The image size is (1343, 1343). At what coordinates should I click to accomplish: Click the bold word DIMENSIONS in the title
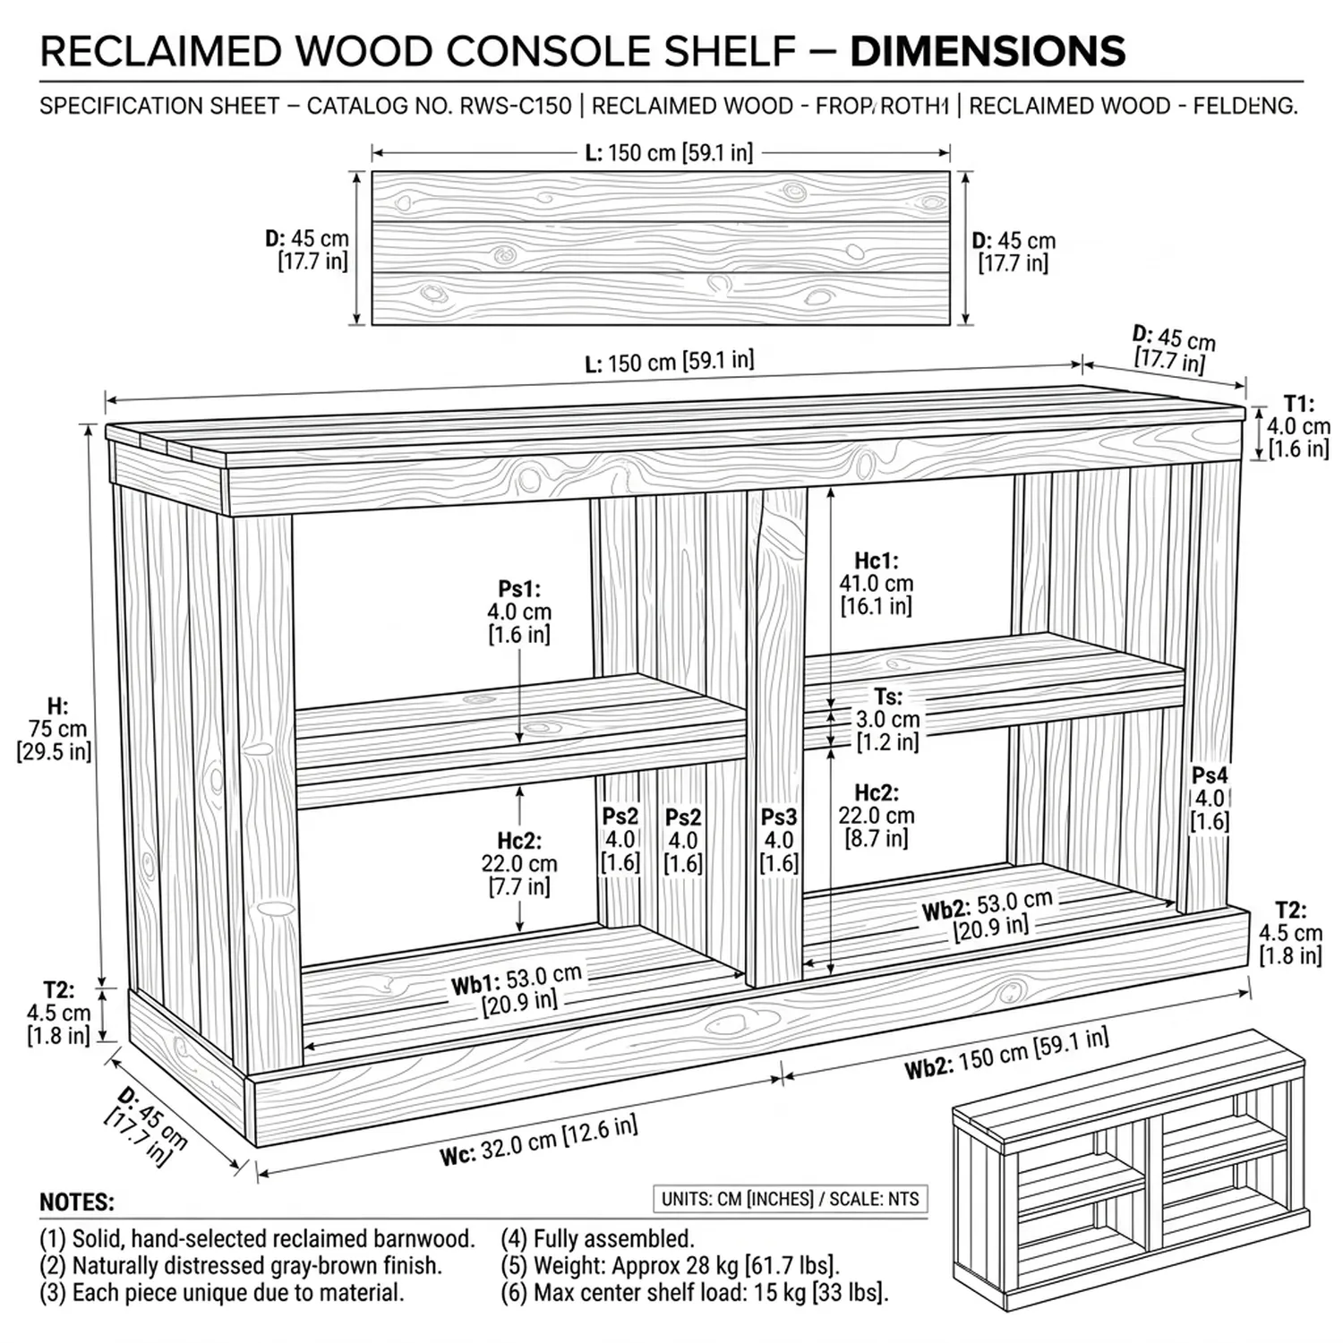point(987,51)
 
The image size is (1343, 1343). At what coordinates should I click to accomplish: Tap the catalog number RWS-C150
point(515,106)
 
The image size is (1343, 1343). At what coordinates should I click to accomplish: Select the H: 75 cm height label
point(55,729)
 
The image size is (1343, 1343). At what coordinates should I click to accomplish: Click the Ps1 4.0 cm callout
point(519,612)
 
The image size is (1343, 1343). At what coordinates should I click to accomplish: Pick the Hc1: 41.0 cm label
point(876,583)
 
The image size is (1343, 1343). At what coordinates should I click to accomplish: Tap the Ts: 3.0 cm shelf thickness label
point(887,719)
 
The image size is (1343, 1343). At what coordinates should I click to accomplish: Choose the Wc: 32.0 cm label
point(538,1142)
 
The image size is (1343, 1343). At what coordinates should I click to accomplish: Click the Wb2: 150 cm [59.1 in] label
point(1006,1054)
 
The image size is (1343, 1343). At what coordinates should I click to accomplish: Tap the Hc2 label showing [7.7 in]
point(519,863)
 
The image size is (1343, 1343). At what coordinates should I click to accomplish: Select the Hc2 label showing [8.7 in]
point(876,815)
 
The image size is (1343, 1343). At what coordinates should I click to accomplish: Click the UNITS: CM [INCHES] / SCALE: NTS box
point(790,1199)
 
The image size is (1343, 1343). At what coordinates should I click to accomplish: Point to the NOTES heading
point(77,1202)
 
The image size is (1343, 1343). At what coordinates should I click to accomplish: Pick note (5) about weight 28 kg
point(670,1266)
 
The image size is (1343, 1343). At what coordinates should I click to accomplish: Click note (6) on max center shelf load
point(694,1293)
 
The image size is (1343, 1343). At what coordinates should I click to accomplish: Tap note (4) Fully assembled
point(597,1239)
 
